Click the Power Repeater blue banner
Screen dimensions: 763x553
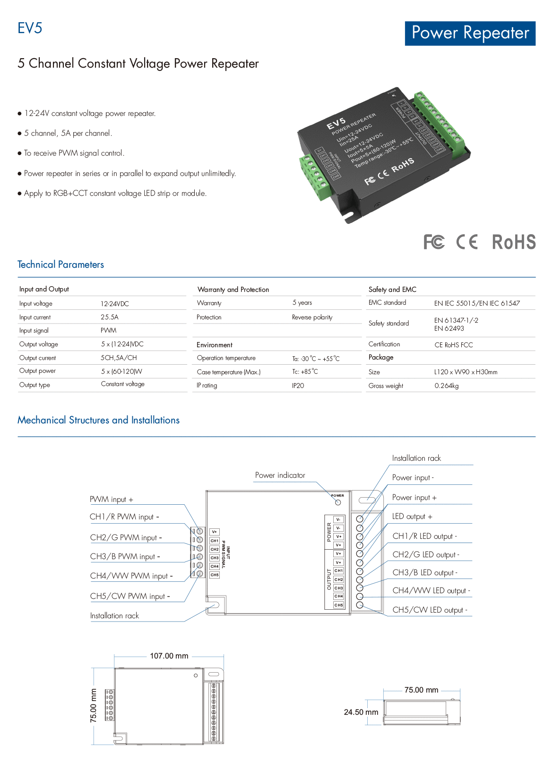click(470, 33)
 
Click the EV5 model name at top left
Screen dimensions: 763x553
click(30, 28)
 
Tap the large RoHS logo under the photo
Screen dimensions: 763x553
click(513, 242)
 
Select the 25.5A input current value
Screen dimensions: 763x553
click(110, 317)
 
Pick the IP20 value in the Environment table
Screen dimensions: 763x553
click(298, 386)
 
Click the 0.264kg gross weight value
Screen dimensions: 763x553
click(446, 386)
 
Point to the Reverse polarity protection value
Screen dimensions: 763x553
click(312, 317)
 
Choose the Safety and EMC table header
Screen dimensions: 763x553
click(392, 289)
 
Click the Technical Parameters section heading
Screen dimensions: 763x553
click(60, 265)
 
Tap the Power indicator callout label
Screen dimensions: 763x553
click(280, 475)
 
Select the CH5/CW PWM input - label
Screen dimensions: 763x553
click(130, 596)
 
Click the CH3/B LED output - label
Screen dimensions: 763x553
click(425, 573)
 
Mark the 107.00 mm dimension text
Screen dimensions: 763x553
click(169, 656)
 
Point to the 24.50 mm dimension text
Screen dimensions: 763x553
click(361, 712)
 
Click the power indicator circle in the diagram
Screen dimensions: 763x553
click(337, 502)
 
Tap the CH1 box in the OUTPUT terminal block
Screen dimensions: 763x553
click(338, 571)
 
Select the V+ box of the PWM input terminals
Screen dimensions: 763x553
click(215, 532)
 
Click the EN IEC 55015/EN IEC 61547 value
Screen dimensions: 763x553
click(477, 303)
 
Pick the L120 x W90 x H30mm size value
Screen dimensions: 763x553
click(466, 372)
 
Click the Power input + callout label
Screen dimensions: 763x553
click(414, 498)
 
